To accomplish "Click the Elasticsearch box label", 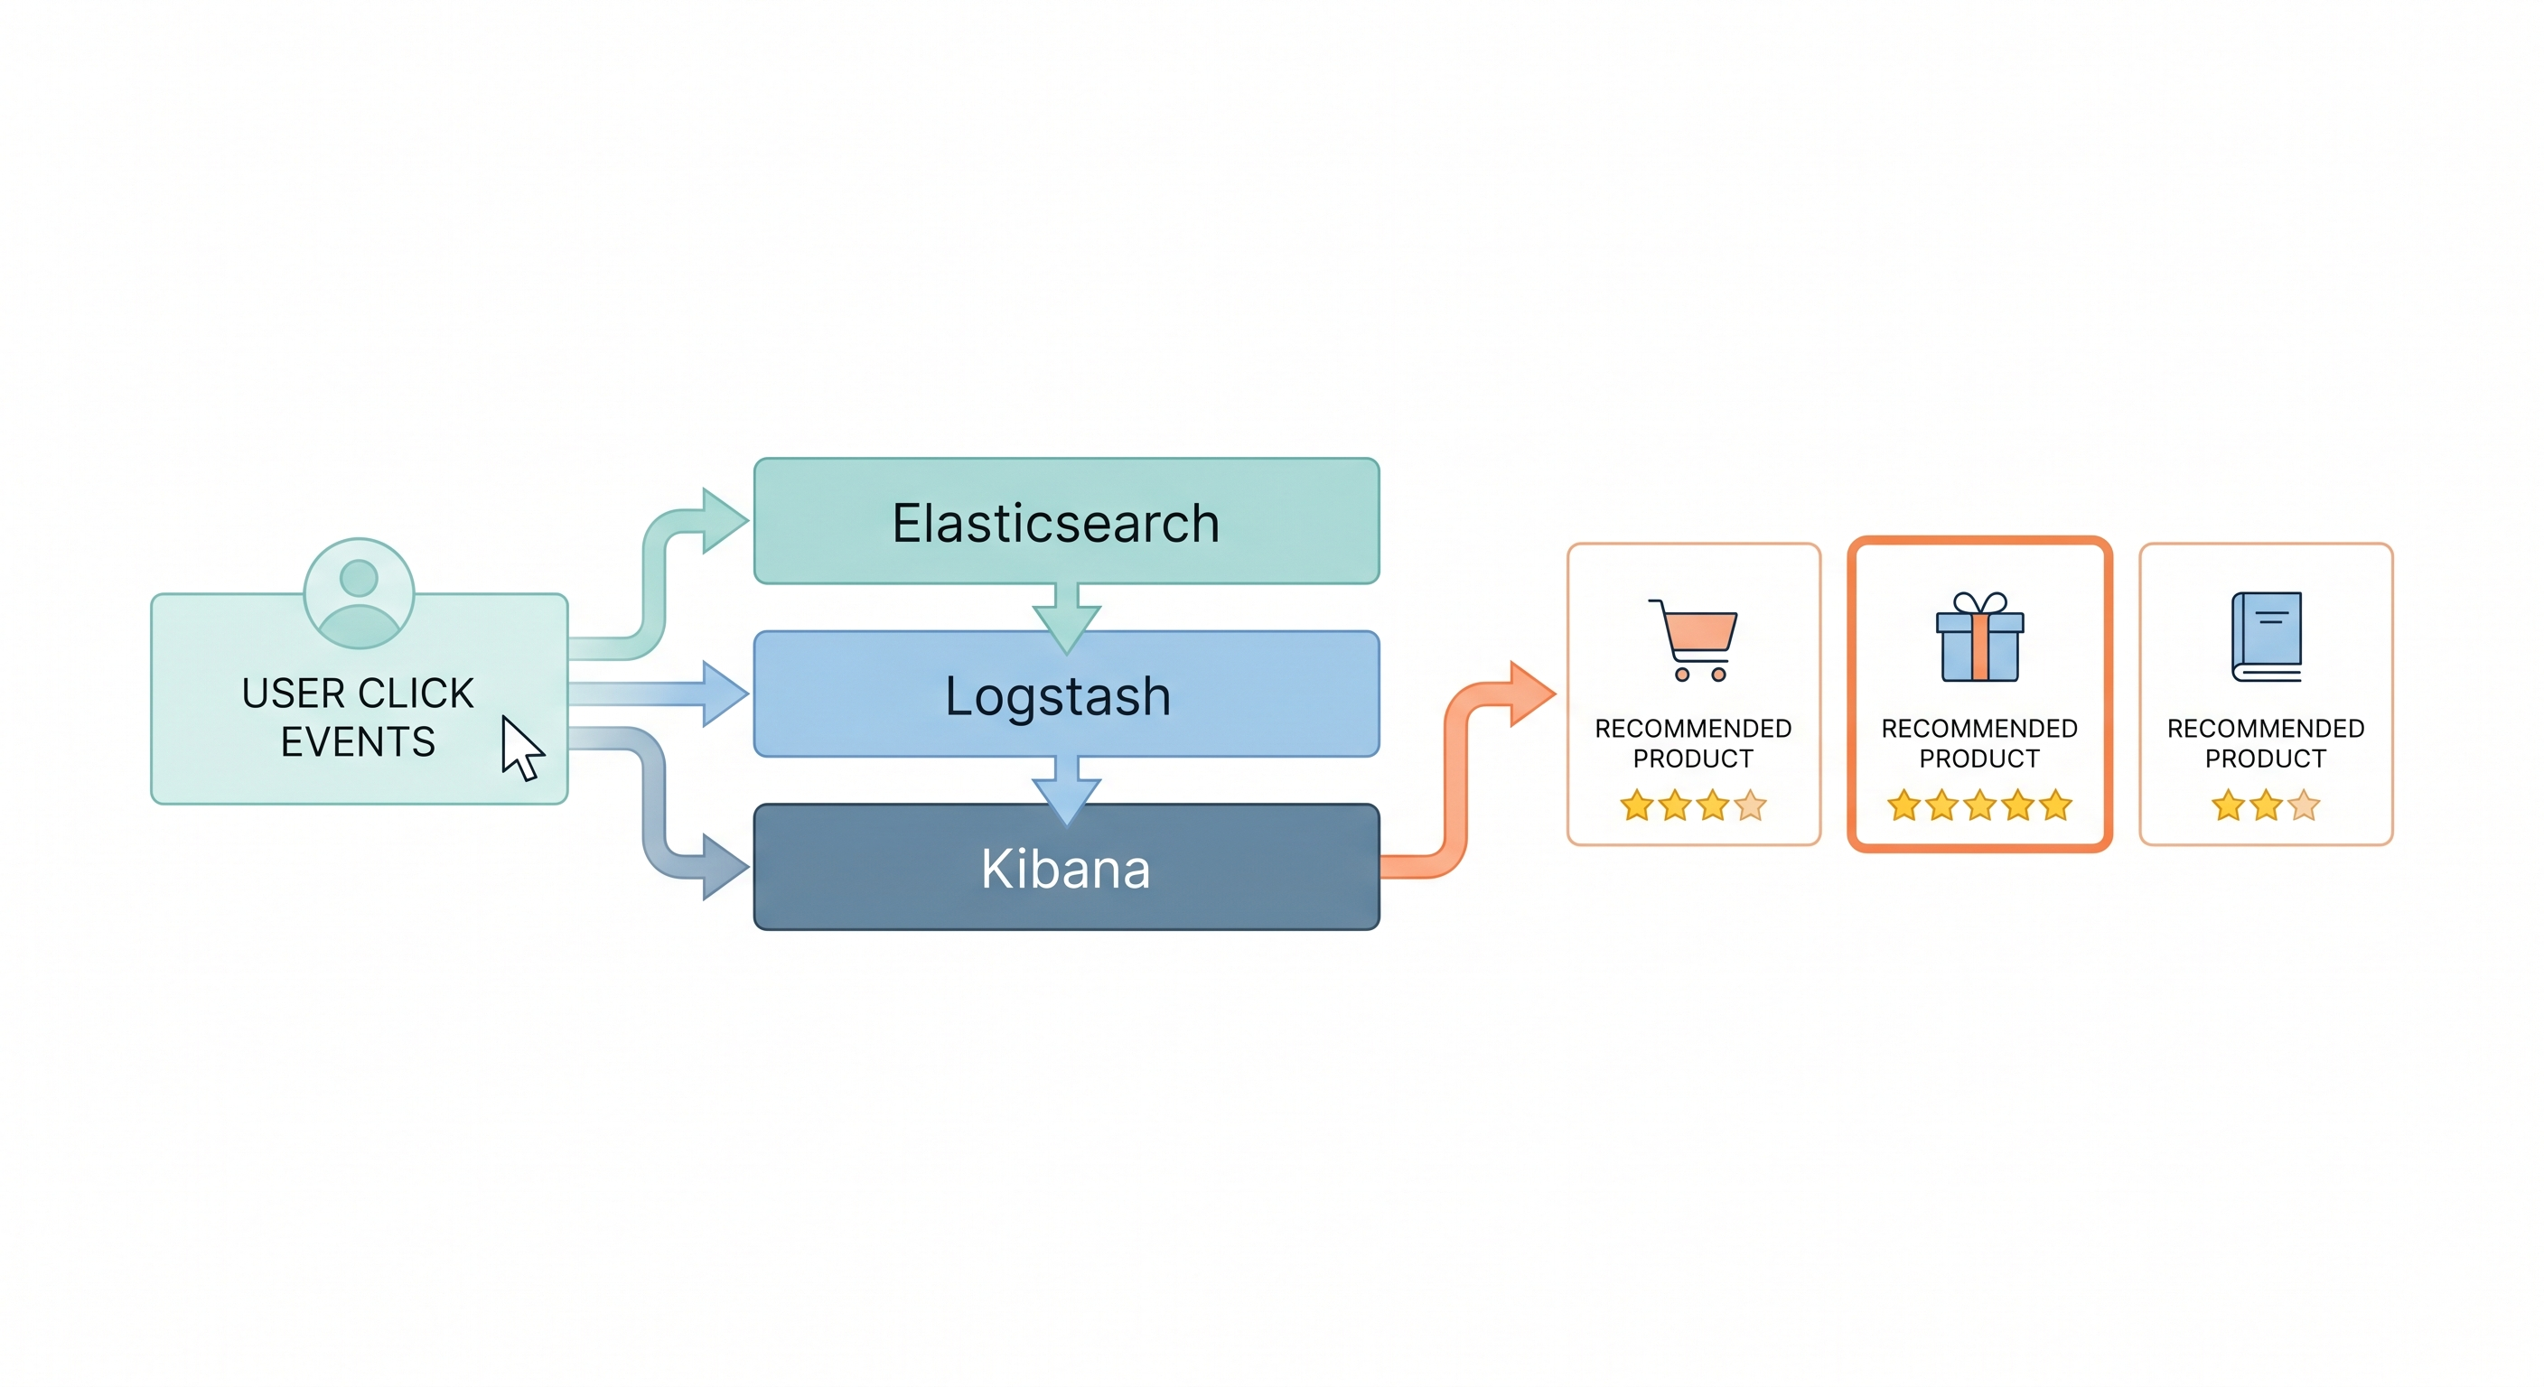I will click(1055, 523).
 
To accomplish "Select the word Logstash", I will click(1058, 696).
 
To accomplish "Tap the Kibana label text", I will click(1066, 870).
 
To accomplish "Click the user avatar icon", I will click(359, 593).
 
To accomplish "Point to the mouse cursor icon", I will click(520, 748).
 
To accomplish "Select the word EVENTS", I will click(358, 742).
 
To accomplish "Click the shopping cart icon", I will click(1695, 638).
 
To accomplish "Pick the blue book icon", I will click(2267, 637).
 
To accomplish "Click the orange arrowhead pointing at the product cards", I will click(1530, 694).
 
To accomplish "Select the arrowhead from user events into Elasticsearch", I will click(724, 520).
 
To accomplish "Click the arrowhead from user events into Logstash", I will click(724, 694).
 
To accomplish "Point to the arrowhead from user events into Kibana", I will click(724, 867).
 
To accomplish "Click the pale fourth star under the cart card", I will click(1751, 805).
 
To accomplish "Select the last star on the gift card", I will click(2056, 805).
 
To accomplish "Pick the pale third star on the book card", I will click(2304, 805).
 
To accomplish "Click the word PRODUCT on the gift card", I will click(1979, 759).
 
